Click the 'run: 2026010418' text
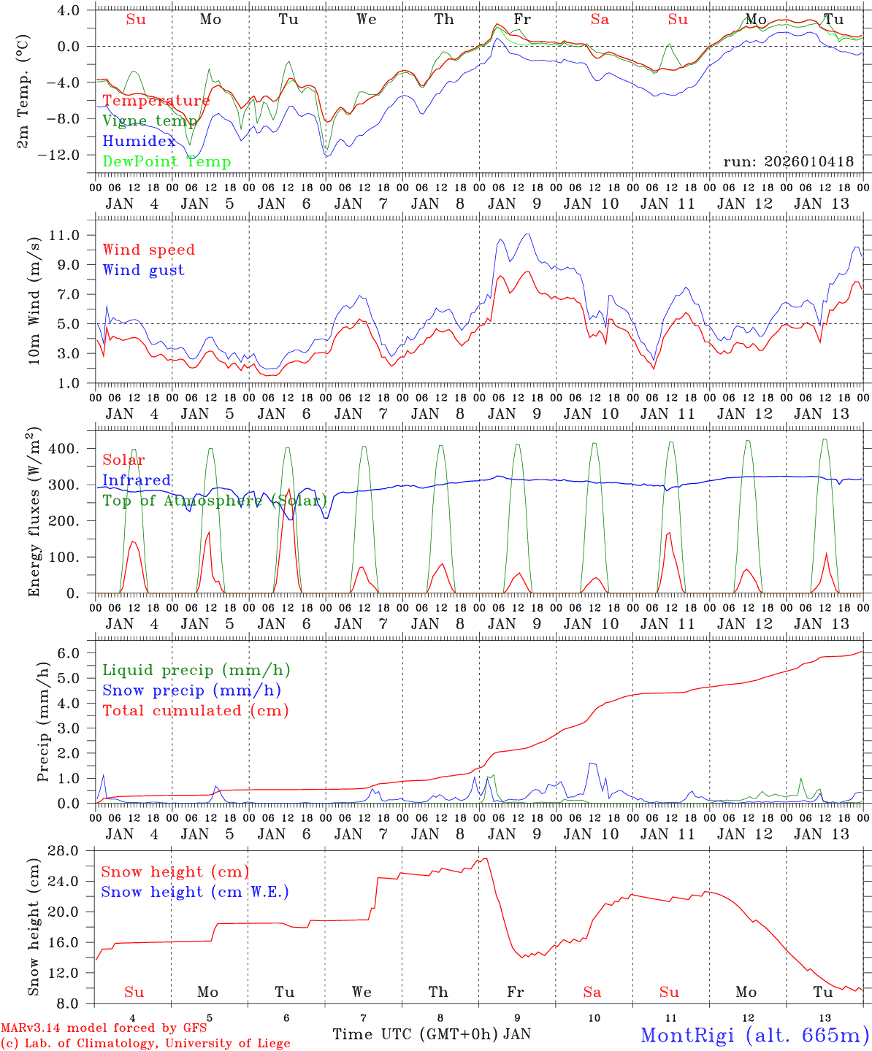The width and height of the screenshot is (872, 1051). [788, 161]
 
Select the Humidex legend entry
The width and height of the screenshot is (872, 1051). [139, 142]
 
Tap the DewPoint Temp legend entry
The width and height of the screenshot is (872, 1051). [167, 162]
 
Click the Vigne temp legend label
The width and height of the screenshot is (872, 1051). [150, 121]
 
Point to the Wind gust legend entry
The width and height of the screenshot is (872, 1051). [144, 270]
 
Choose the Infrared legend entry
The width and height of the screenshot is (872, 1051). [137, 480]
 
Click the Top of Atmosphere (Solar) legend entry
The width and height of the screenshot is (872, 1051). [215, 501]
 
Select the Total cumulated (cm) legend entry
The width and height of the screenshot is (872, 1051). [196, 710]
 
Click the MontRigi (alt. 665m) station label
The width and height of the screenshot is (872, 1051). [754, 1035]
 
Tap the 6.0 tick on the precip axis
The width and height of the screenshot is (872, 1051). [76, 653]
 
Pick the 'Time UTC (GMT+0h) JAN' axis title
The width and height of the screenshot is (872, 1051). [432, 1034]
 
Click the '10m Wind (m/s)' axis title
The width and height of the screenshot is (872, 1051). [34, 301]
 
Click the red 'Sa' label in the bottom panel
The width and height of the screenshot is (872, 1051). [592, 992]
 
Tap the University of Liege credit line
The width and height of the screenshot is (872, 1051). [145, 1044]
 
